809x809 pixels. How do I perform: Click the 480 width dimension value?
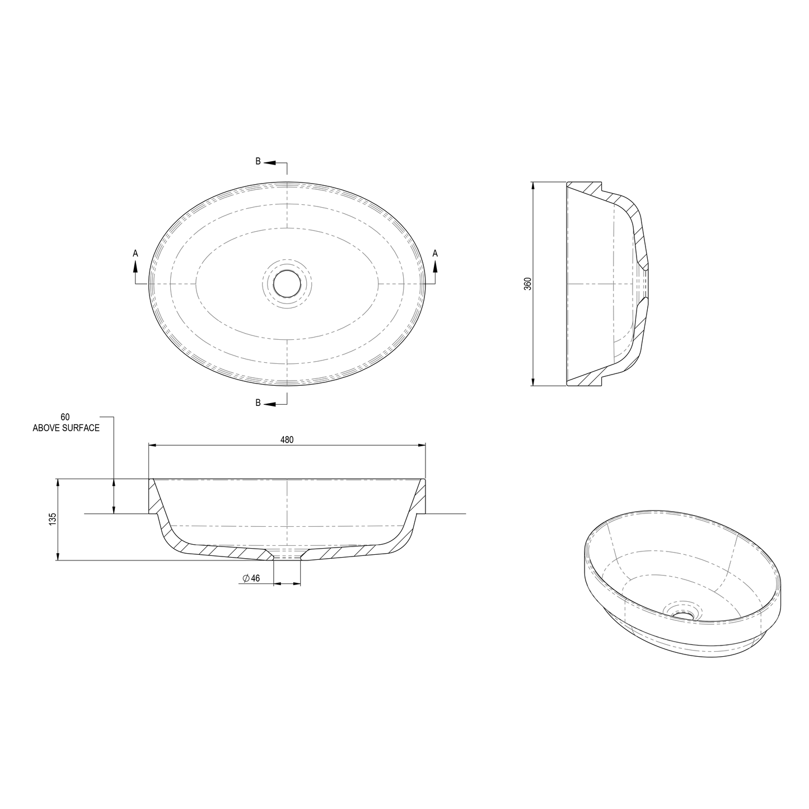(287, 440)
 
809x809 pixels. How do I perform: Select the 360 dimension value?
(527, 283)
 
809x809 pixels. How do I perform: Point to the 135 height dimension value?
(53, 519)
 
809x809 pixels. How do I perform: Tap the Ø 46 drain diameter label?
(251, 578)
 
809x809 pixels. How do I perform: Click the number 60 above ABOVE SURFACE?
(66, 417)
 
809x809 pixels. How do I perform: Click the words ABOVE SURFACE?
(66, 428)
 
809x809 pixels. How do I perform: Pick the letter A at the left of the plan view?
(135, 254)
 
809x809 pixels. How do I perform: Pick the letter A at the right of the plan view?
(435, 254)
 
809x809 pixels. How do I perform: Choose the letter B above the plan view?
(258, 161)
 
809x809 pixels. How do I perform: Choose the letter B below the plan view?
(258, 403)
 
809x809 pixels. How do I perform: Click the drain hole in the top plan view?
(287, 283)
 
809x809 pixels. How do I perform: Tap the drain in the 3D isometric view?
(682, 613)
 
